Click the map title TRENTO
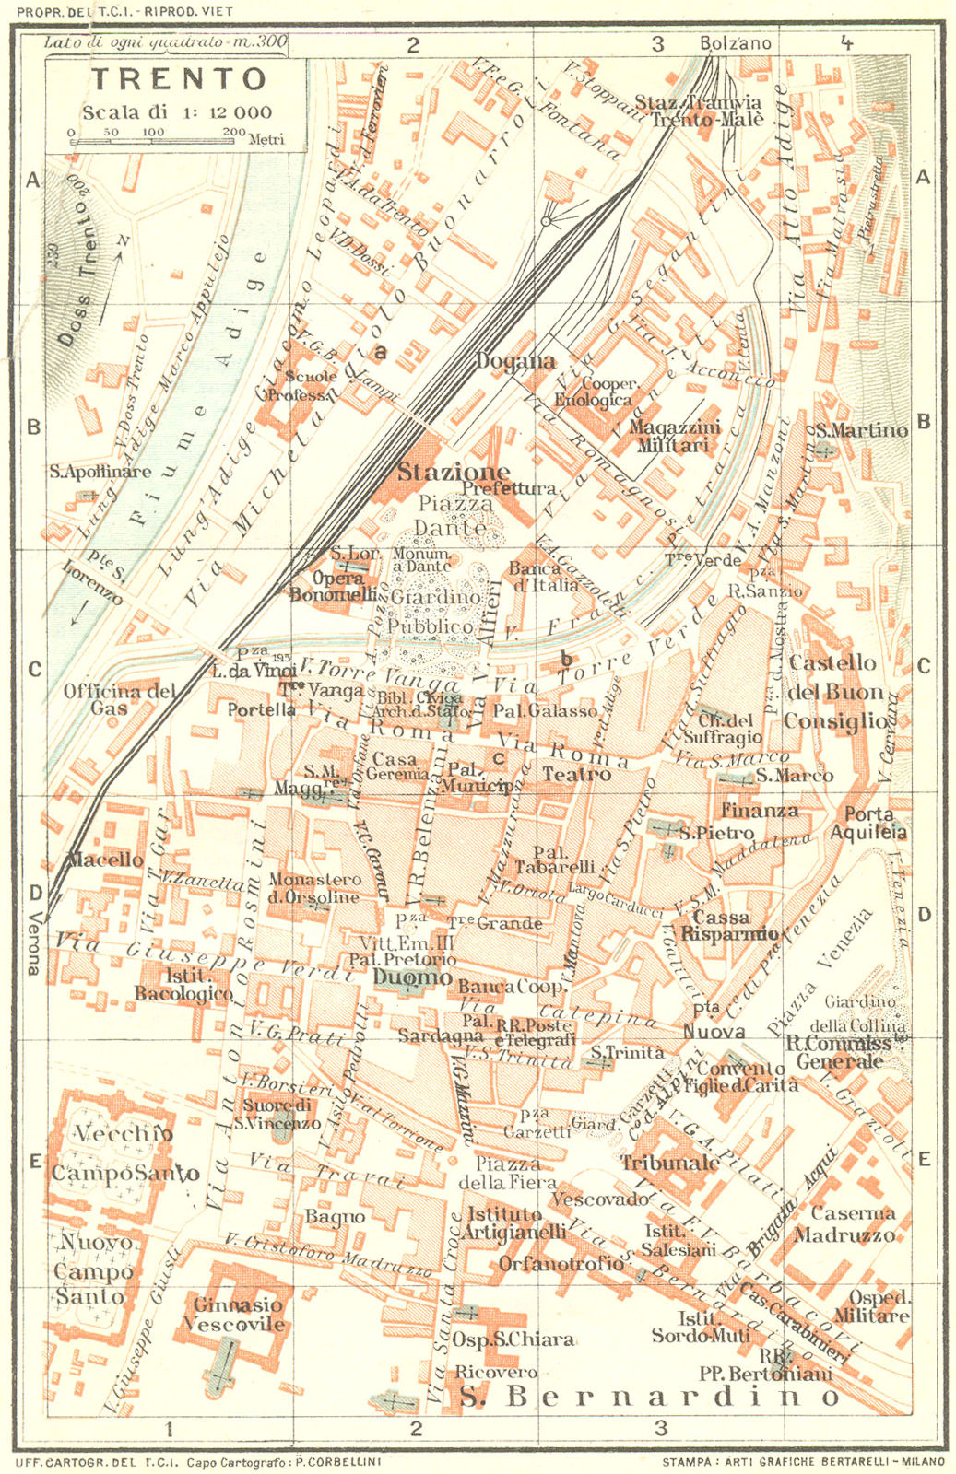tap(179, 79)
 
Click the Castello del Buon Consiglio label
tap(835, 692)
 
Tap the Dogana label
tap(515, 361)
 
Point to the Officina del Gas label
tap(120, 699)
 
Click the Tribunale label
tap(669, 1163)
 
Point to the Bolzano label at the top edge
tap(735, 43)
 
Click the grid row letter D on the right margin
tap(924, 915)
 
